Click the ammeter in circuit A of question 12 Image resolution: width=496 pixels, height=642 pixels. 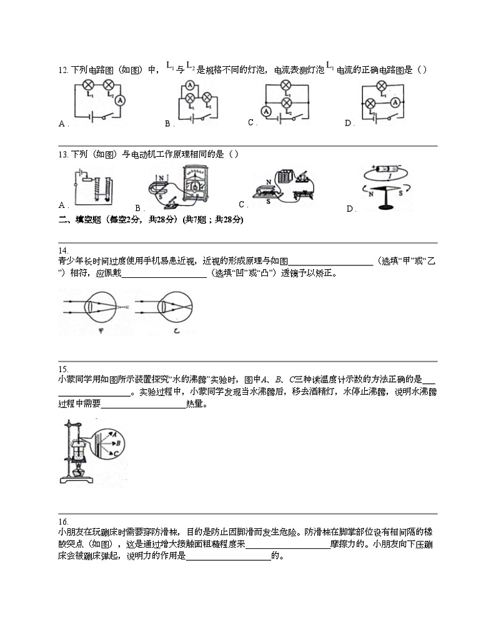pyautogui.click(x=122, y=100)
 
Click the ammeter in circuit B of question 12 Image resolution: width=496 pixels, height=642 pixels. pyautogui.click(x=190, y=87)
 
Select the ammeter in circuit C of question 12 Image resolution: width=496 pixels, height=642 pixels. pyautogui.click(x=266, y=111)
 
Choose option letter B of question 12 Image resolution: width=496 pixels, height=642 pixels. pyautogui.click(x=168, y=124)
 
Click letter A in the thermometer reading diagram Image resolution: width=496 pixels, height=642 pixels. pyautogui.click(x=114, y=432)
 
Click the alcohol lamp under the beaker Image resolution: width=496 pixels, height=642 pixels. pyautogui.click(x=79, y=468)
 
